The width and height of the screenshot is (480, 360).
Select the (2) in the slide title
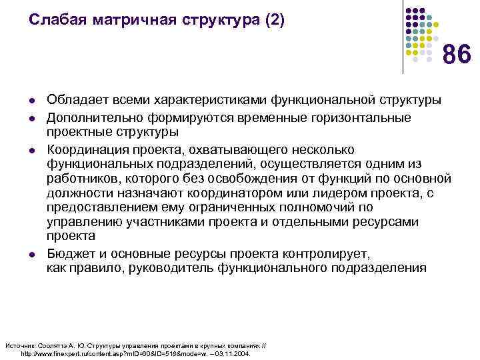pyautogui.click(x=274, y=21)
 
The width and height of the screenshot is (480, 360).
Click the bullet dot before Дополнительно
pyautogui.click(x=33, y=118)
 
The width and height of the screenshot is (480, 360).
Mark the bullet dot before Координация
pyautogui.click(x=33, y=149)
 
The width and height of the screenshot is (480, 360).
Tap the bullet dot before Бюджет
pyautogui.click(x=33, y=255)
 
